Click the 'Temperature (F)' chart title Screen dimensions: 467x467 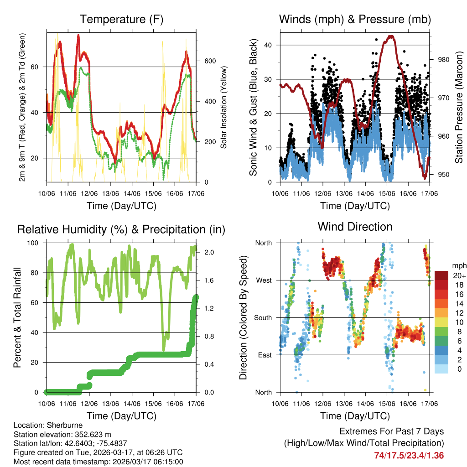[121, 19]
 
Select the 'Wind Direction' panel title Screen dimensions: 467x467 [355, 227]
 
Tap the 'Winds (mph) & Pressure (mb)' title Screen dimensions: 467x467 [355, 19]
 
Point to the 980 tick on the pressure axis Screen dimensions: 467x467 [444, 59]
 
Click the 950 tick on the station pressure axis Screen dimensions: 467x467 [444, 175]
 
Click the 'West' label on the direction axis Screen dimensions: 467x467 [263, 280]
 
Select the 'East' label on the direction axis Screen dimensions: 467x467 [264, 355]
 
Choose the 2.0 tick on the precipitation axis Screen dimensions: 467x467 [208, 252]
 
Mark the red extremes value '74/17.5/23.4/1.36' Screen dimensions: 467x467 [409, 456]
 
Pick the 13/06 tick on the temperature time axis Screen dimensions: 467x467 [111, 194]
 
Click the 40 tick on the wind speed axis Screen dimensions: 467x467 [269, 45]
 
